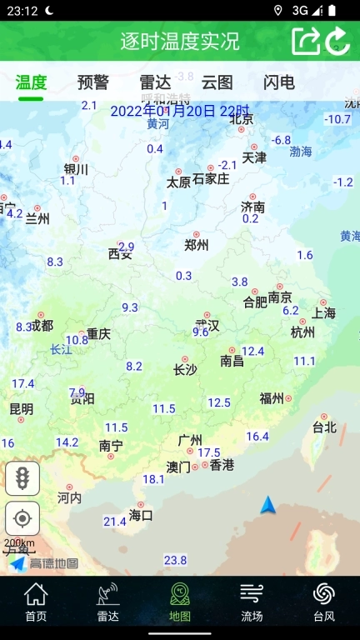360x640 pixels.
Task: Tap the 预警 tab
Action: tap(92, 82)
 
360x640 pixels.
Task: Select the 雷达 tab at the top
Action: tap(155, 82)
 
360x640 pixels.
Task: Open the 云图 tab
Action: tap(217, 82)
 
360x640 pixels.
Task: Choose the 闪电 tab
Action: tap(279, 82)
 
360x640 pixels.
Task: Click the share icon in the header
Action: tap(306, 41)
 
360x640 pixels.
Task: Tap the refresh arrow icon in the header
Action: tap(337, 41)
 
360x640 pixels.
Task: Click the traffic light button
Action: tap(22, 478)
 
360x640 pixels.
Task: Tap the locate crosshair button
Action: tap(22, 518)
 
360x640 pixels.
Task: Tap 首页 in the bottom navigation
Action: tap(36, 602)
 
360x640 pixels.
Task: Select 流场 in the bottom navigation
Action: tap(252, 602)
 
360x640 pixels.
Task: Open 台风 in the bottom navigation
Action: tap(324, 602)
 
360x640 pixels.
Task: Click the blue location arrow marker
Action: tap(267, 505)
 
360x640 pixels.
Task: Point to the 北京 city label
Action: tap(241, 119)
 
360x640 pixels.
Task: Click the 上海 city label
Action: tap(324, 313)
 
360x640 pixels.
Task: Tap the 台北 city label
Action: tap(324, 427)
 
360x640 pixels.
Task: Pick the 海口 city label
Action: tap(141, 515)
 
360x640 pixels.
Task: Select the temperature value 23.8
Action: tap(175, 560)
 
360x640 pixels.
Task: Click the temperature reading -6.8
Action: tap(281, 140)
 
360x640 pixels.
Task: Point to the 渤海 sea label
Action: tap(301, 152)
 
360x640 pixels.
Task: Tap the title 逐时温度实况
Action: tap(180, 41)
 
